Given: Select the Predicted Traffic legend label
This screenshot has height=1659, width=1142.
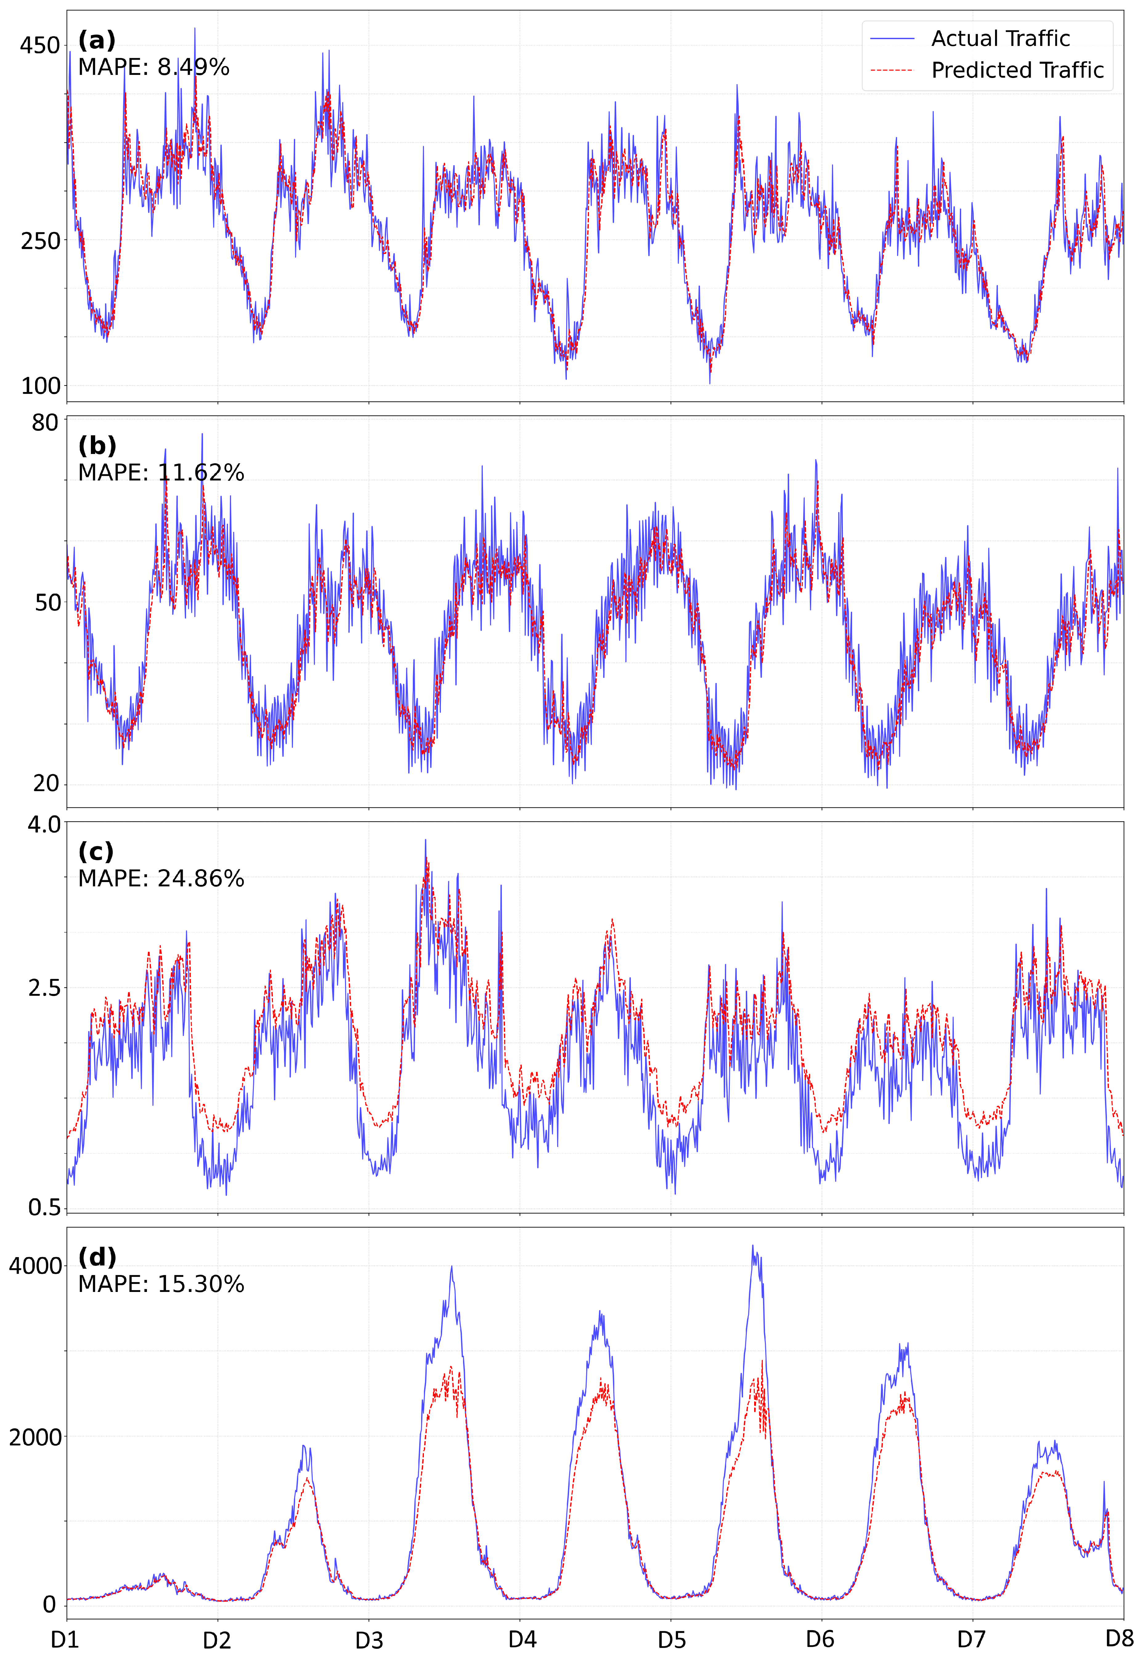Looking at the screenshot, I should click(1017, 70).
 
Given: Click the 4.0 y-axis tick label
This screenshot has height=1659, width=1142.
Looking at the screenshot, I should click(44, 825).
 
